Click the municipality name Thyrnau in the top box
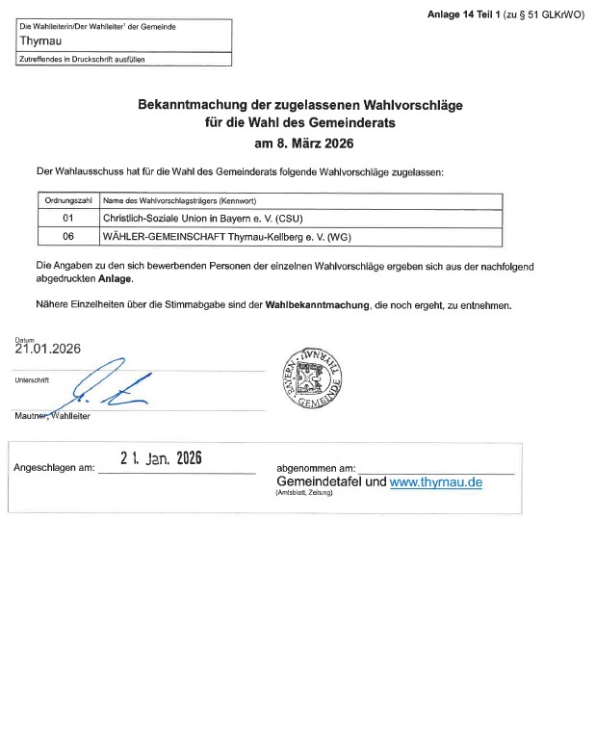point(39,42)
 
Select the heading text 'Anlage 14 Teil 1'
point(466,13)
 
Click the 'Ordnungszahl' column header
point(67,200)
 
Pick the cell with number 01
point(67,219)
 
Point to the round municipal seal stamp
point(310,377)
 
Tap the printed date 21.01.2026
point(47,350)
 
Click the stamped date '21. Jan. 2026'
point(161,459)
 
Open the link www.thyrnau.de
point(435,481)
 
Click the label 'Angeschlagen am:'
point(54,468)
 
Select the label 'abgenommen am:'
point(316,467)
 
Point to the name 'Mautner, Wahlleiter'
point(60,416)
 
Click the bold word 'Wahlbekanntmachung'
point(318,305)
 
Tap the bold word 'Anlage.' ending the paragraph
point(116,277)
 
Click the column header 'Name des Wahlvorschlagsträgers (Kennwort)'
point(186,200)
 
